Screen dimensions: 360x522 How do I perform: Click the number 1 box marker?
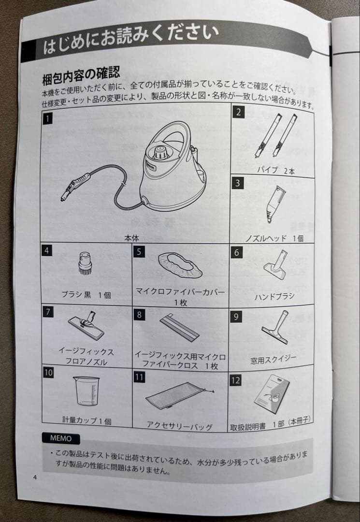pos(48,118)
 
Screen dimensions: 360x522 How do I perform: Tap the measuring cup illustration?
pos(86,391)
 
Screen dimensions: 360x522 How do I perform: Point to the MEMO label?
pos(61,438)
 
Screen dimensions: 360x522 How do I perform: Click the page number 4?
pos(35,477)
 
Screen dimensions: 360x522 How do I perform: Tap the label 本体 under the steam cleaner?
pos(132,238)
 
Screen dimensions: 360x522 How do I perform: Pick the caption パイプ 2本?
pos(276,171)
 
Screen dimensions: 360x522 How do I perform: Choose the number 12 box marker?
pos(235,380)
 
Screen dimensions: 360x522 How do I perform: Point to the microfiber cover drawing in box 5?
pos(180,265)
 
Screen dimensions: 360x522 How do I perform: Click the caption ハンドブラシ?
pos(274,296)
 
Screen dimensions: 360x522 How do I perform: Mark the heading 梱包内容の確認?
pos(81,76)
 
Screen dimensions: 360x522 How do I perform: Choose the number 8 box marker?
pos(139,315)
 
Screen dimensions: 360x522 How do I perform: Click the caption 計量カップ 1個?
pos(87,420)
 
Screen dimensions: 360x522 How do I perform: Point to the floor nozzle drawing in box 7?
pos(86,326)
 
